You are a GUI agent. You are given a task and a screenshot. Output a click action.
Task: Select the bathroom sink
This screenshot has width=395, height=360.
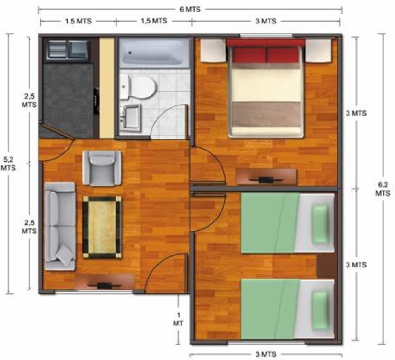(x=130, y=117)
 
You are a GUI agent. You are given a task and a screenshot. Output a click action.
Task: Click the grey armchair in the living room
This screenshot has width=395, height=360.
(x=102, y=168)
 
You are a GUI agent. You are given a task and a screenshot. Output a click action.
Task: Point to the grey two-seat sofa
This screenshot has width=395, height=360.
(x=60, y=226)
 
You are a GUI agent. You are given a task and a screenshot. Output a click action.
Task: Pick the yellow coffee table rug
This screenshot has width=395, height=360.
(x=102, y=228)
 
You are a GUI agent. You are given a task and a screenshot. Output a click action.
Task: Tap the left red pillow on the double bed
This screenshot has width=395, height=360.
(x=249, y=55)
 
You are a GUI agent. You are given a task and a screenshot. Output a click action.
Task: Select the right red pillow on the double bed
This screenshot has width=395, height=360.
(x=283, y=55)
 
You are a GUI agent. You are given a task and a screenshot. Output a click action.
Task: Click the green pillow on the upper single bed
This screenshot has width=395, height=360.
(x=320, y=224)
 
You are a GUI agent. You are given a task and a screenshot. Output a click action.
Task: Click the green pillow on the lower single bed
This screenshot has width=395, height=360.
(x=320, y=310)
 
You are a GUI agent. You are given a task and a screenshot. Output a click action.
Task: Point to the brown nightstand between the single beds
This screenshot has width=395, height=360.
(x=326, y=266)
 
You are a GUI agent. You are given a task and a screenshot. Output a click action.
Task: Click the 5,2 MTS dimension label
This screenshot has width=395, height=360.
(x=8, y=163)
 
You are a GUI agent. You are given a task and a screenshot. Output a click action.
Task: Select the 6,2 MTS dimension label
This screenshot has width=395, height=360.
(x=383, y=189)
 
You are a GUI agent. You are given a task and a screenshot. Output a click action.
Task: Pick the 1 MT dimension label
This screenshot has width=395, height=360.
(x=178, y=319)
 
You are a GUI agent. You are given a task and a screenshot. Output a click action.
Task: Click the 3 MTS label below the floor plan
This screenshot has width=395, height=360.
(x=266, y=354)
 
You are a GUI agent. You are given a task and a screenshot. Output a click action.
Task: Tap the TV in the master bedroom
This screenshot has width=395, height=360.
(x=266, y=180)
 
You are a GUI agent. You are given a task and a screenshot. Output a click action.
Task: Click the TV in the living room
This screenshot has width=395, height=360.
(x=105, y=286)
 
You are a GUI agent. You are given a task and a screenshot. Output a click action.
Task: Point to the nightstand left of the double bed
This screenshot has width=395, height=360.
(x=213, y=50)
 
